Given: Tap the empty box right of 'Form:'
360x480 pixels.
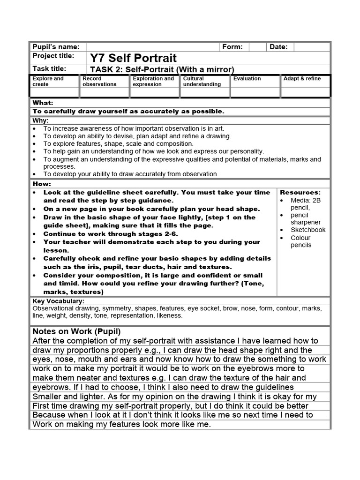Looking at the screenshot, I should click(x=257, y=47).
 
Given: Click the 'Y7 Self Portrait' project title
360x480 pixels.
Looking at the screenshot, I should click(x=133, y=58).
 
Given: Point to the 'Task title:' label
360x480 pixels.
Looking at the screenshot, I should click(x=49, y=69).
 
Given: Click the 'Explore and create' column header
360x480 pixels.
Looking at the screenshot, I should click(x=48, y=82).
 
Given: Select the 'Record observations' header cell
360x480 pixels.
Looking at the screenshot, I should click(x=99, y=82).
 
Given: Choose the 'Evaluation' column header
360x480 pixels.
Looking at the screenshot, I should click(x=247, y=79).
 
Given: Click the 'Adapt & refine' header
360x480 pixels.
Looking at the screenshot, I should click(x=302, y=79).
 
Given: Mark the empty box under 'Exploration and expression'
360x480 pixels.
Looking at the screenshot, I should click(x=155, y=92).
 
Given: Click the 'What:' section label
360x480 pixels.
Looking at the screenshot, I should click(x=43, y=103).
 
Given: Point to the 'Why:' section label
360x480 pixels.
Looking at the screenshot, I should click(x=41, y=120).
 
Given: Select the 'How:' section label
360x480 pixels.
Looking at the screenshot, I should click(x=42, y=184).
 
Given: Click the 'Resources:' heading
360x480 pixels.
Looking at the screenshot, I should click(x=300, y=193).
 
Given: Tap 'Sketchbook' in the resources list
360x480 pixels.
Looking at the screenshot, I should click(x=307, y=230).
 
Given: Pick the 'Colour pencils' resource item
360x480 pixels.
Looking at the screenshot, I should click(x=300, y=241).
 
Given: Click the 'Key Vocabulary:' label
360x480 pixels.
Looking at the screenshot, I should click(x=58, y=301).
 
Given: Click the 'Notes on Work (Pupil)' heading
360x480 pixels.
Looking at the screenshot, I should click(x=77, y=331).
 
